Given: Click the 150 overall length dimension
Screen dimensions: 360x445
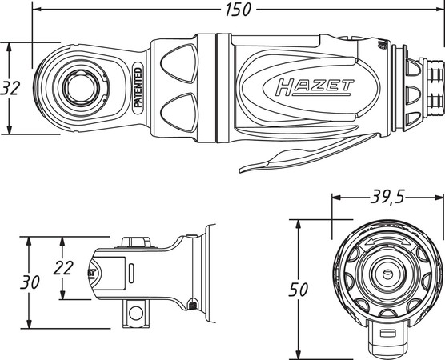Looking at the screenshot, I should point(238,10).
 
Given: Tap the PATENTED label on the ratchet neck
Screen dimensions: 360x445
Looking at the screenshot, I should point(137,89).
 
